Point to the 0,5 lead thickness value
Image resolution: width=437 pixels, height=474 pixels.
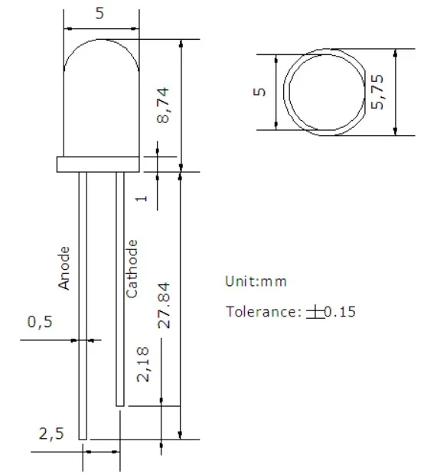click(x=40, y=322)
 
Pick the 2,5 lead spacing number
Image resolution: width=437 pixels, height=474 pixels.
click(x=51, y=433)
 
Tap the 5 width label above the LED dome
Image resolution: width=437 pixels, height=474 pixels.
click(x=99, y=12)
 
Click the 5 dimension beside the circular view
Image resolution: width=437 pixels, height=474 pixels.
click(x=259, y=91)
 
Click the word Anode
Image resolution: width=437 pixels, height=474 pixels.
click(x=64, y=267)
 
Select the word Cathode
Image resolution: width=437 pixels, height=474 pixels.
click(x=132, y=268)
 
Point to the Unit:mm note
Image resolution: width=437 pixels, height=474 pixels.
click(x=256, y=281)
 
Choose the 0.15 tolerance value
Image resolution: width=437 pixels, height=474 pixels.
click(x=340, y=311)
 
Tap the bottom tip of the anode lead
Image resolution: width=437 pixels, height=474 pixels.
click(x=83, y=437)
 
